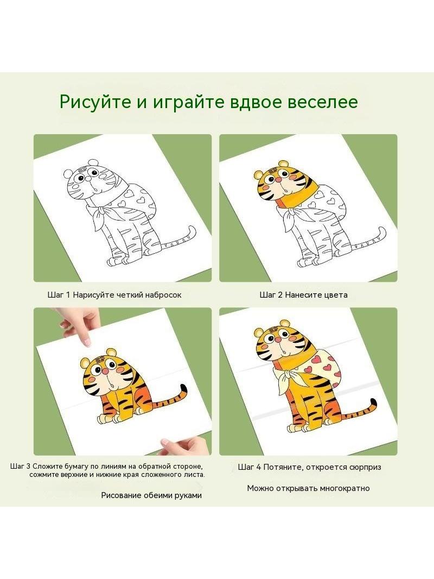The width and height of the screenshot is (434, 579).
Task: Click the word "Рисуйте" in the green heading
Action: click(x=95, y=102)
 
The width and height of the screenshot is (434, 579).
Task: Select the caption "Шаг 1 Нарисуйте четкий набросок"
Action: click(x=114, y=295)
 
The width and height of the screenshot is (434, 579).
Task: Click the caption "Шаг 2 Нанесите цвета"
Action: click(x=303, y=295)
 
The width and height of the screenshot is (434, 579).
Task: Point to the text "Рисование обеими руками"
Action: click(x=151, y=495)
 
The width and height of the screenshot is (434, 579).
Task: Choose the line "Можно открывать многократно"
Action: click(x=308, y=488)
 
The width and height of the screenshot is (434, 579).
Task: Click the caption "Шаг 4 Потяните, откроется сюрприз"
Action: click(x=309, y=467)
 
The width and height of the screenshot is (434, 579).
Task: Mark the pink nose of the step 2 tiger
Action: click(x=279, y=179)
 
